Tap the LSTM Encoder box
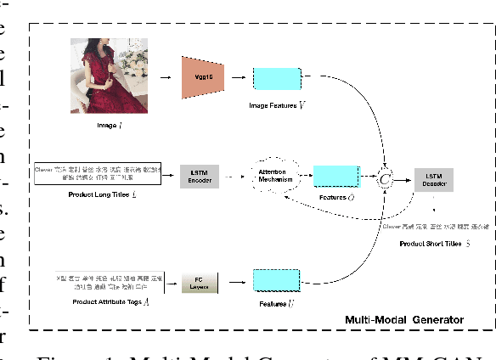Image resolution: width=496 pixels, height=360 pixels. click(200, 177)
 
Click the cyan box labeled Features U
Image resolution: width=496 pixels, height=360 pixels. click(276, 281)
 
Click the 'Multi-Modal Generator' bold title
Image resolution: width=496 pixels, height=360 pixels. click(403, 319)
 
